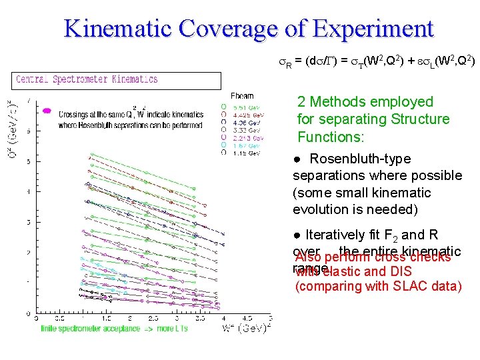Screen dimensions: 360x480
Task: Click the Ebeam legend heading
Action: pyautogui.click(x=241, y=97)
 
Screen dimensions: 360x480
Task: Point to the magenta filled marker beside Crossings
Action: pyautogui.click(x=47, y=111)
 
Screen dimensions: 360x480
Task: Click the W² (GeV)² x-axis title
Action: pyautogui.click(x=246, y=328)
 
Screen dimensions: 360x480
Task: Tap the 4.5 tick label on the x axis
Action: pyautogui.click(x=246, y=319)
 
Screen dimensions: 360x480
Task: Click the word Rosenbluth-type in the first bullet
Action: pyautogui.click(x=360, y=159)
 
